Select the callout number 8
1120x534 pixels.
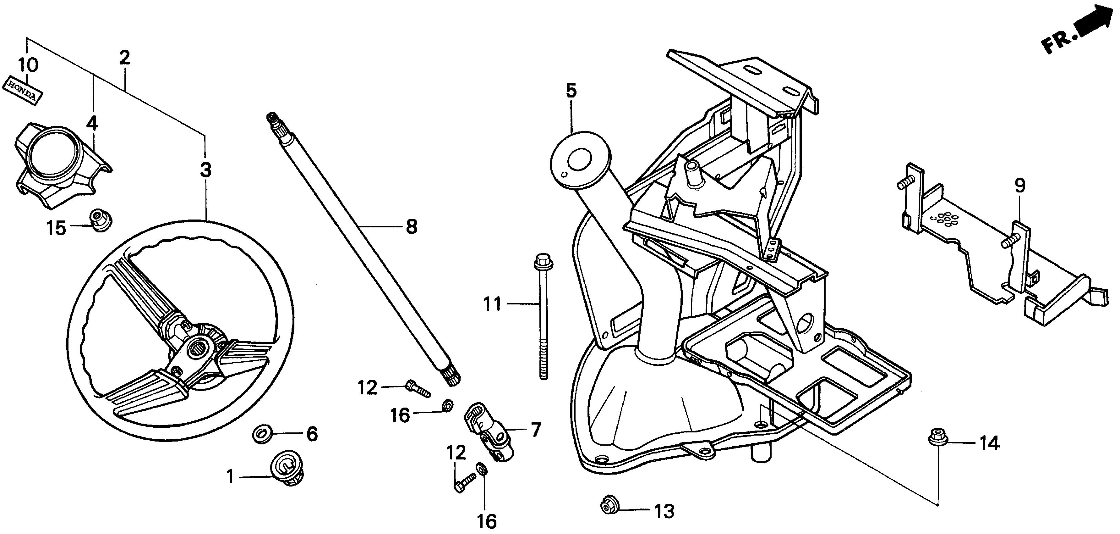(x=411, y=226)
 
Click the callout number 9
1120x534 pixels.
(x=1019, y=186)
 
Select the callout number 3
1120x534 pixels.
(x=206, y=170)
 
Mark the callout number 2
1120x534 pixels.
(x=125, y=58)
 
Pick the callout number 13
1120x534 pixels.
(x=664, y=512)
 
